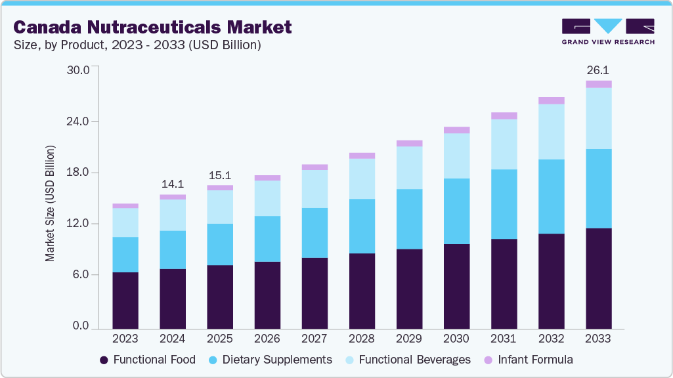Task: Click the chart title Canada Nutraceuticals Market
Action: (152, 28)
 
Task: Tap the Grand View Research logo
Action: (608, 31)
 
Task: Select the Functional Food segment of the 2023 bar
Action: (125, 300)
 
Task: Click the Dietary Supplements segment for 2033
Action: (598, 188)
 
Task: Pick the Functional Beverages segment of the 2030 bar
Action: (456, 156)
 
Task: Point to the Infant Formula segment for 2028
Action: (362, 156)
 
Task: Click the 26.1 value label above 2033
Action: (598, 70)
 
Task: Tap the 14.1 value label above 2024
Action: (173, 184)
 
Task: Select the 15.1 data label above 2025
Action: (220, 175)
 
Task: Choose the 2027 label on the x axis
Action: (315, 339)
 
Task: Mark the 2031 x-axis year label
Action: (504, 339)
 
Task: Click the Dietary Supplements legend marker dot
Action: (213, 360)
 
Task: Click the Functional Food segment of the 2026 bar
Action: (267, 295)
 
